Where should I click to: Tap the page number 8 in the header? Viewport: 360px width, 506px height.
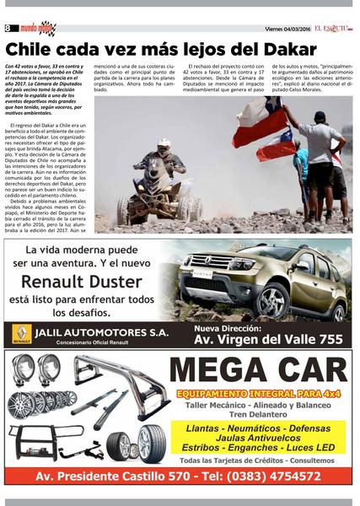tap(8, 28)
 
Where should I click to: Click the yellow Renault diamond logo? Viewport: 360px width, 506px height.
tap(19, 335)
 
